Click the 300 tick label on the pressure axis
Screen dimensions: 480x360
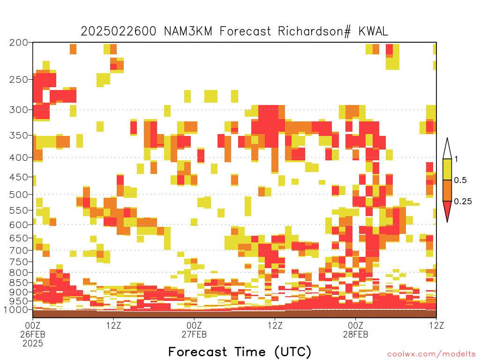(x=18, y=110)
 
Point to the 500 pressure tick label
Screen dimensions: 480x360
(x=18, y=195)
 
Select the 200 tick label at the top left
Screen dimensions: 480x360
(x=18, y=42)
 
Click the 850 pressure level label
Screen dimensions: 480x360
(x=18, y=283)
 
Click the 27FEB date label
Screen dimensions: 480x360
(x=194, y=334)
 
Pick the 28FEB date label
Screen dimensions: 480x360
(x=355, y=334)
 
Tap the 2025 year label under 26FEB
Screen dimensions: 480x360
(x=33, y=343)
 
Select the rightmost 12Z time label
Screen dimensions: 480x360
(x=436, y=325)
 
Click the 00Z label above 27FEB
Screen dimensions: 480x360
(x=194, y=325)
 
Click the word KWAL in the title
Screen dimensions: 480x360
(x=373, y=31)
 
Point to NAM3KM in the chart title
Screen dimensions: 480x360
(x=188, y=31)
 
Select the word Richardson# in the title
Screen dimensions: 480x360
(x=315, y=31)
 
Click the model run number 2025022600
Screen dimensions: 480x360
(x=119, y=31)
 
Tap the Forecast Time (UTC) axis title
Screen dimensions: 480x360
(x=240, y=352)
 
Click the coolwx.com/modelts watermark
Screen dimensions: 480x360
(x=432, y=354)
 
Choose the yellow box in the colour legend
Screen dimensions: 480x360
(x=447, y=169)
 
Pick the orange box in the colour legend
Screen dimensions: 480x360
(x=447, y=190)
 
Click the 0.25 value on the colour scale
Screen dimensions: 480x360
(x=463, y=201)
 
